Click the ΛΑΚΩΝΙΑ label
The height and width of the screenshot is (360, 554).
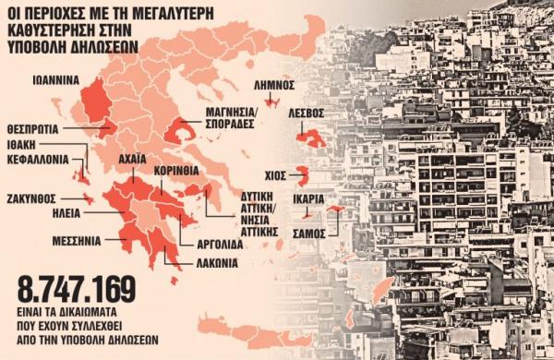[x=214, y=261]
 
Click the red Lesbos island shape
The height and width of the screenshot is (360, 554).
[x=313, y=138]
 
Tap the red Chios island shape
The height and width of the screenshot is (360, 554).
[x=302, y=173]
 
